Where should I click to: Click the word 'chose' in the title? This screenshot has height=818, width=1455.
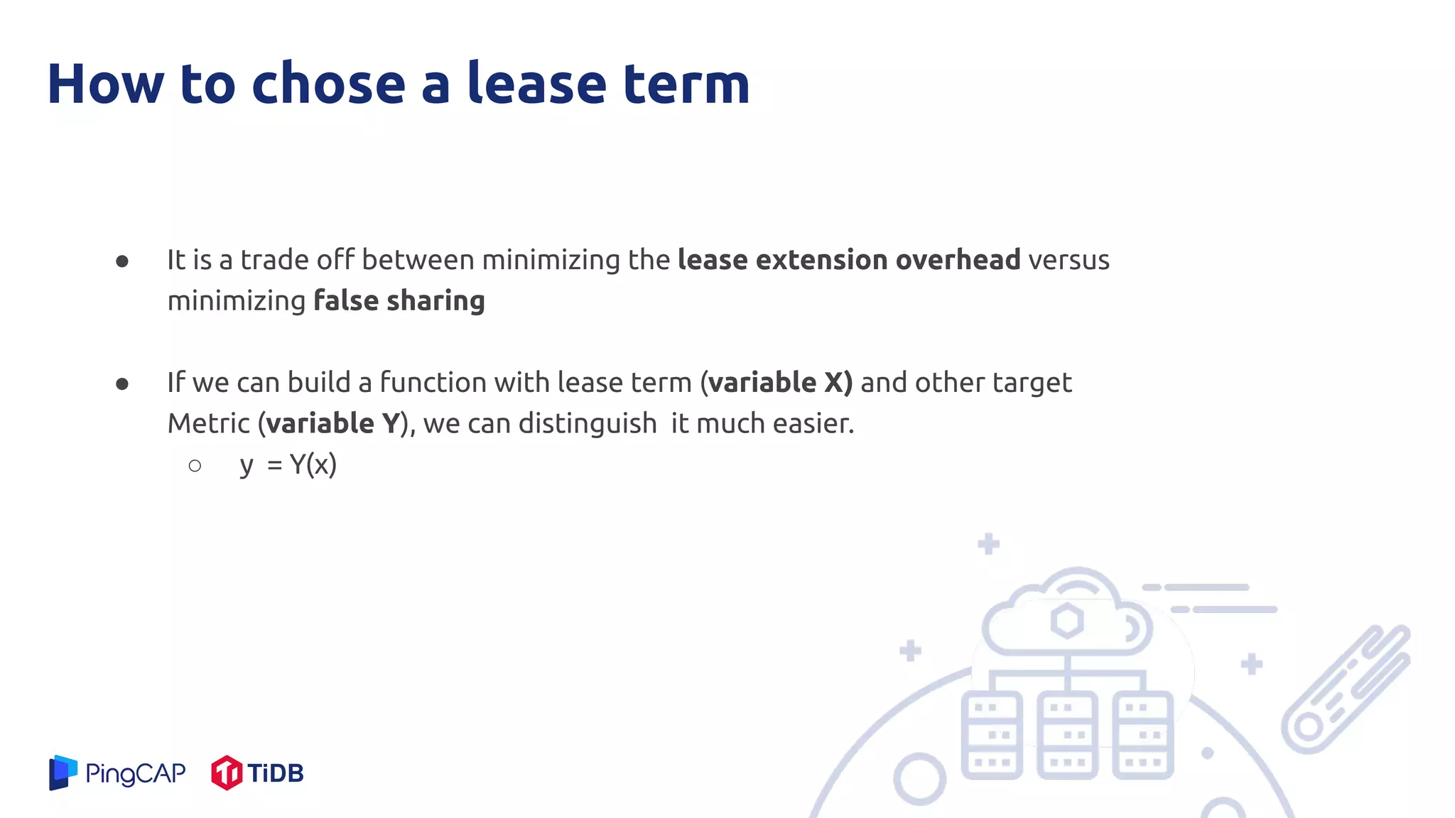328,84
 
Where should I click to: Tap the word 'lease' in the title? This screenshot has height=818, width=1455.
536,84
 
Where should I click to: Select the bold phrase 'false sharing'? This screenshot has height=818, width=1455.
399,300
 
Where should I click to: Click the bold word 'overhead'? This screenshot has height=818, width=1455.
958,260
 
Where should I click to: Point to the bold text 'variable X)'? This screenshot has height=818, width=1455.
779,383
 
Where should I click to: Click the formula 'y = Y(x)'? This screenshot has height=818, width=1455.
288,465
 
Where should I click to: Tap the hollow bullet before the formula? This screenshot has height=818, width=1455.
195,466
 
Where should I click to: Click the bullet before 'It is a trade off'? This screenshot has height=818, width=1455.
122,261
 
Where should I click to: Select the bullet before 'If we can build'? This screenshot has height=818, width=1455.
122,384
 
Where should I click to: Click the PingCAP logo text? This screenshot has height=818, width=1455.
135,773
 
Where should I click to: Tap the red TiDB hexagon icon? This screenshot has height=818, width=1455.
227,773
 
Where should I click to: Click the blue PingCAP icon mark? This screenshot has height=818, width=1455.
63,772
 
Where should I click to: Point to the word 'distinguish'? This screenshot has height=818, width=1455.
588,424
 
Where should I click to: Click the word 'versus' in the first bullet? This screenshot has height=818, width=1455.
1069,260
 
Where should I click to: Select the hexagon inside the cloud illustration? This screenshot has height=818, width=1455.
1067,621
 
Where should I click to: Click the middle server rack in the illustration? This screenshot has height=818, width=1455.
1067,735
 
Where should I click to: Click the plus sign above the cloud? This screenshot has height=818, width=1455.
988,545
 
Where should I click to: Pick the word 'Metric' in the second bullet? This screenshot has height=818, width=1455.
208,424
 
